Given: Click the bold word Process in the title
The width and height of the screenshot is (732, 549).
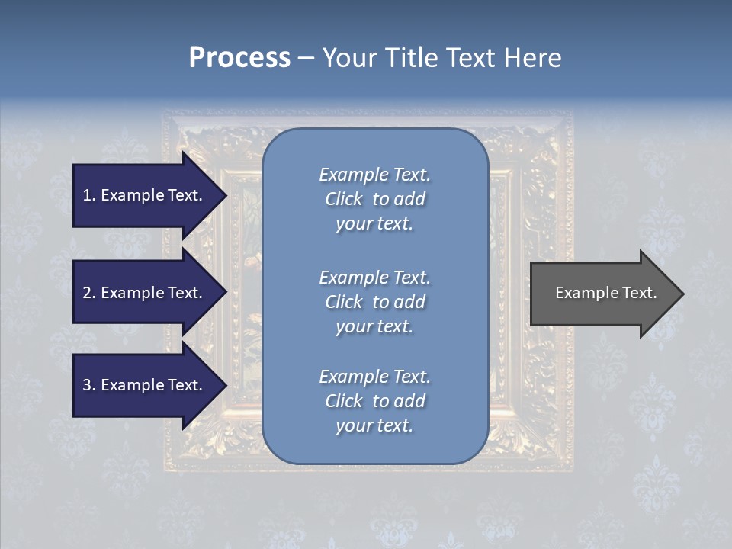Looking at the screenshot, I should click(x=239, y=58).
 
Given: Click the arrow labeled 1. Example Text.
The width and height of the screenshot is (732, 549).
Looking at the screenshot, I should click(x=143, y=195).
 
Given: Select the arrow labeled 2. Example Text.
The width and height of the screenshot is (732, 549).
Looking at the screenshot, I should click(x=143, y=293).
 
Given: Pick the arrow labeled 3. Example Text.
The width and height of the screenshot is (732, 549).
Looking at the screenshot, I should click(x=143, y=385).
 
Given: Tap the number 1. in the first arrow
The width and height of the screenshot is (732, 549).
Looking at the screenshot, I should click(x=89, y=195).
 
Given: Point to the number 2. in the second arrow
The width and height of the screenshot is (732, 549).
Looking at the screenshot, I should click(x=89, y=293).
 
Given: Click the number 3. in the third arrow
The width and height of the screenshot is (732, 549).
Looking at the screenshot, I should click(x=89, y=385).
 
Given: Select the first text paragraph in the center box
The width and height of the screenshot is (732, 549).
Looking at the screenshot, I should click(x=374, y=199).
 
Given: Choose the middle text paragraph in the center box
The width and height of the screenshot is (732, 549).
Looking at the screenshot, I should click(x=374, y=301).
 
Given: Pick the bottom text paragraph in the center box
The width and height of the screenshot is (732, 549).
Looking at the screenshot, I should click(x=374, y=401).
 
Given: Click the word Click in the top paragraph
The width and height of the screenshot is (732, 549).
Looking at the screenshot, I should click(x=344, y=199).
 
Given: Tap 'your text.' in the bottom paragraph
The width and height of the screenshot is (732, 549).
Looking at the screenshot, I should click(x=374, y=425).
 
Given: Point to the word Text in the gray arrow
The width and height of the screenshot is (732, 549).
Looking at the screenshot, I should click(x=639, y=293).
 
